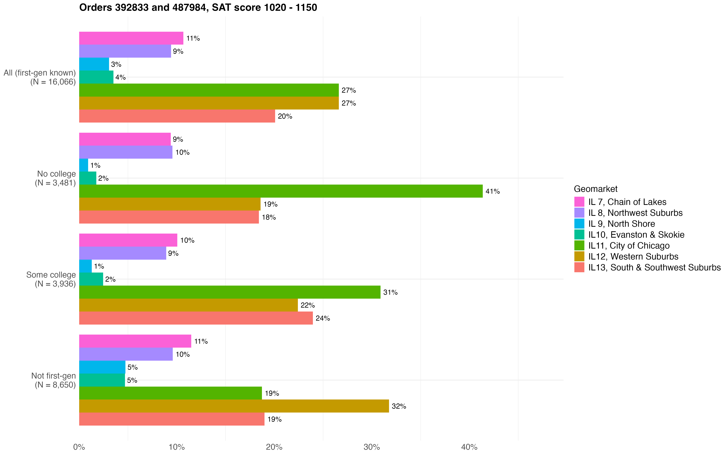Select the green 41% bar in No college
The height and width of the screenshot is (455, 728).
click(x=281, y=191)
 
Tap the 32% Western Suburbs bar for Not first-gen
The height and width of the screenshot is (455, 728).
click(x=234, y=406)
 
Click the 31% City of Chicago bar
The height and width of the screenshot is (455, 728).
click(x=229, y=292)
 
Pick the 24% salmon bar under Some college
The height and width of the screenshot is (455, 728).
click(x=196, y=318)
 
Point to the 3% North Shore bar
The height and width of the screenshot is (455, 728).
click(x=94, y=64)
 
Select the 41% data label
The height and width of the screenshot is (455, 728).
click(x=492, y=191)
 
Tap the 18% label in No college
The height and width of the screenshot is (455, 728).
click(x=269, y=217)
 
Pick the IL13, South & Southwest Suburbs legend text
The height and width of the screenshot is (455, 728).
click(x=654, y=268)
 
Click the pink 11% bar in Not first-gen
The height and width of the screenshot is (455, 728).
click(x=135, y=341)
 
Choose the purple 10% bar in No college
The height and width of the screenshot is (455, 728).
click(x=126, y=152)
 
